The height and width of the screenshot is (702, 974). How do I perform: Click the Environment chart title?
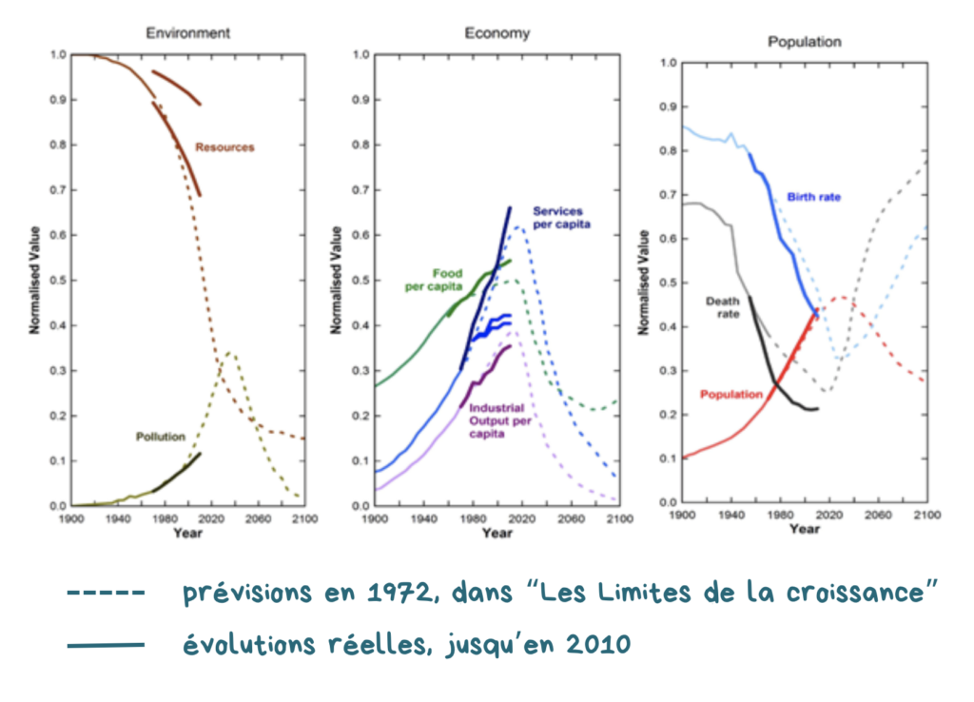(x=187, y=33)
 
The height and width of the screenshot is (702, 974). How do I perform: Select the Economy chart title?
(x=497, y=34)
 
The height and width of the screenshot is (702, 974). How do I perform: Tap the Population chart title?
(x=804, y=42)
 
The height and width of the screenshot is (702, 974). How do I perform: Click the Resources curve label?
(x=224, y=147)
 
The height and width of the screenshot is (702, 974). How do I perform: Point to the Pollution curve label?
(x=158, y=438)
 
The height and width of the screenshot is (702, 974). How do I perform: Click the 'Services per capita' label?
(x=562, y=217)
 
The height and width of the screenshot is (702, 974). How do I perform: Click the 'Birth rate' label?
(x=813, y=197)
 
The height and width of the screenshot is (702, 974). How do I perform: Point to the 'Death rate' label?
(x=722, y=308)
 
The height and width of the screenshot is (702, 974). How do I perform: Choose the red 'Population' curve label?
(x=731, y=394)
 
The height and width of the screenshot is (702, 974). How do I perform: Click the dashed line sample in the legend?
(x=106, y=594)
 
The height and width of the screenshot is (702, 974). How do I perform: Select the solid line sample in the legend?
(x=106, y=645)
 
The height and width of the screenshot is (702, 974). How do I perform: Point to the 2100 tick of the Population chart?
(x=925, y=515)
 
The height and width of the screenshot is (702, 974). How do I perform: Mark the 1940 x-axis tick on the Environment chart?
(x=117, y=519)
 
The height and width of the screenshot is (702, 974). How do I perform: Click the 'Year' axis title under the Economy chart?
(x=497, y=534)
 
